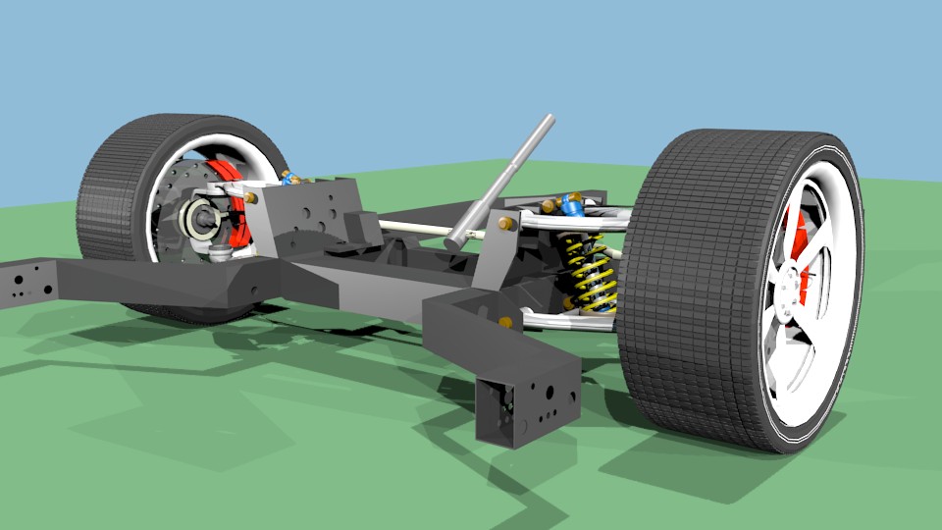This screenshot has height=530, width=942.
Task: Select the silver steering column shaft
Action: click(x=505, y=177)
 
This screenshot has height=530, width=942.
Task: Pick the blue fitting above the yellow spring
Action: click(x=569, y=205)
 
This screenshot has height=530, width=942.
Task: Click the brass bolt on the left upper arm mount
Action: click(x=251, y=197)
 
